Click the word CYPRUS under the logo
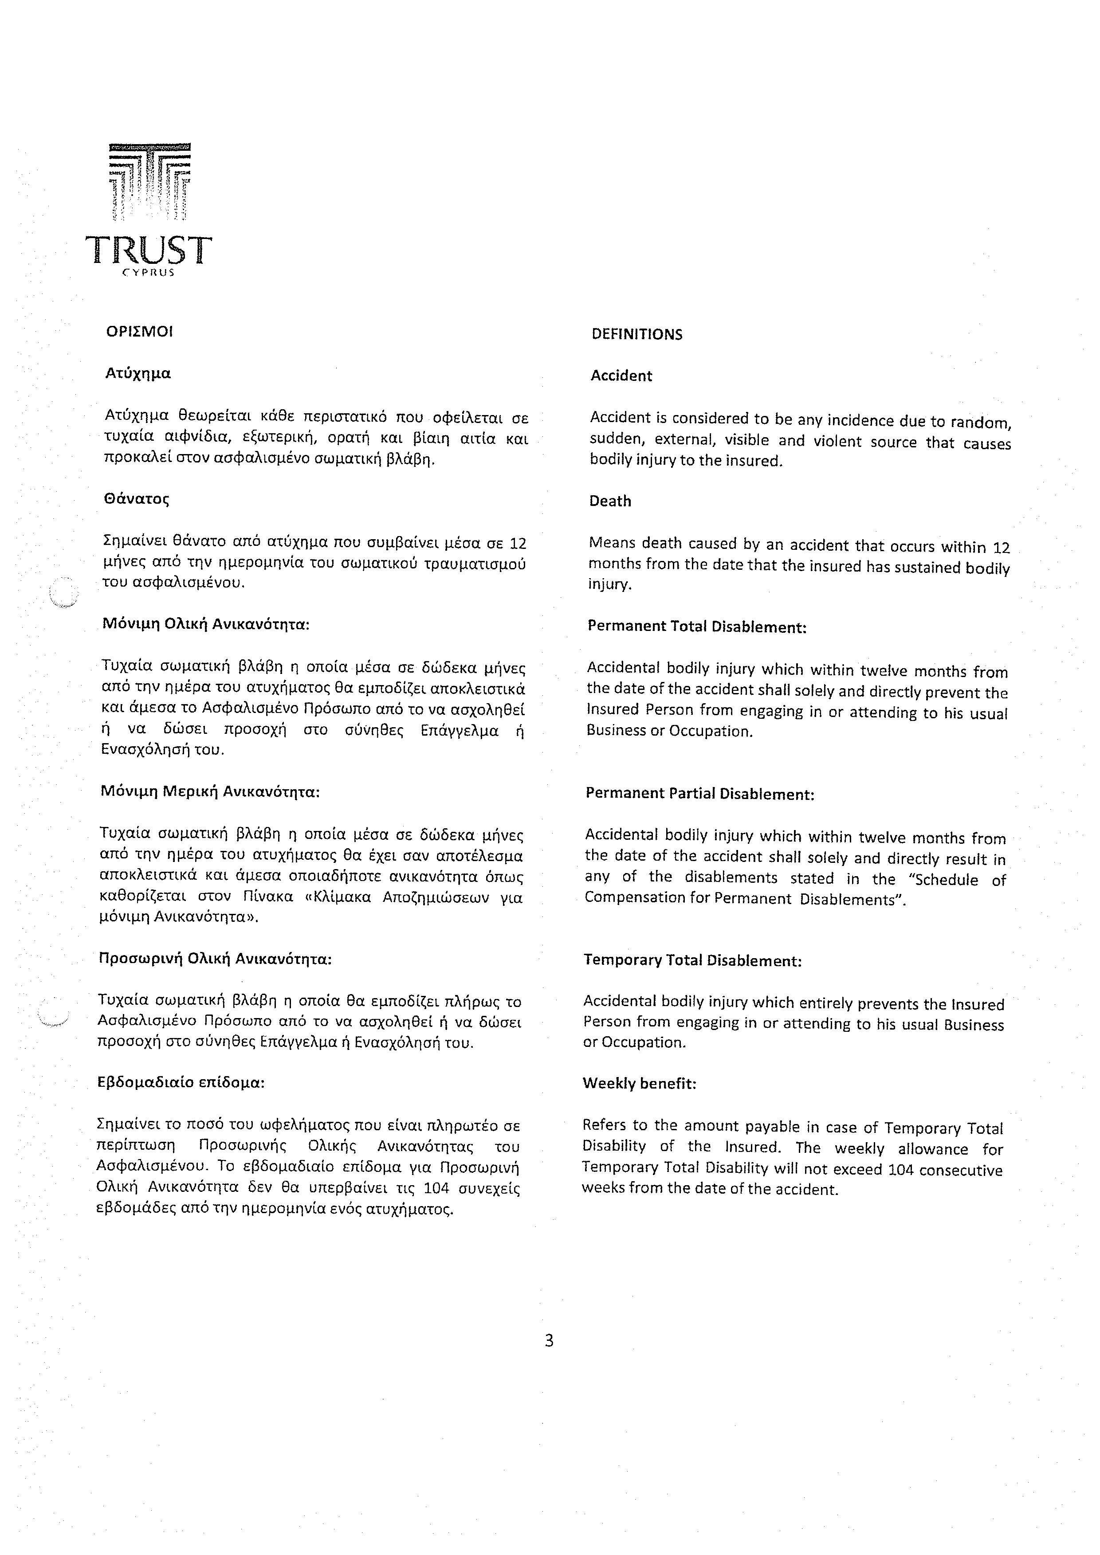(x=148, y=273)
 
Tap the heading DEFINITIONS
(x=636, y=335)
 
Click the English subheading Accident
(x=621, y=376)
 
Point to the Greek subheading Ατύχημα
(x=138, y=373)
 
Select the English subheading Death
(x=610, y=501)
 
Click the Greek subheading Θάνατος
(x=136, y=499)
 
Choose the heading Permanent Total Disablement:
(x=697, y=627)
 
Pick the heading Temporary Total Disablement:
(x=692, y=960)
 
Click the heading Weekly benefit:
(x=640, y=1084)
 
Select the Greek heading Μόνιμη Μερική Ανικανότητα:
(x=210, y=791)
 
